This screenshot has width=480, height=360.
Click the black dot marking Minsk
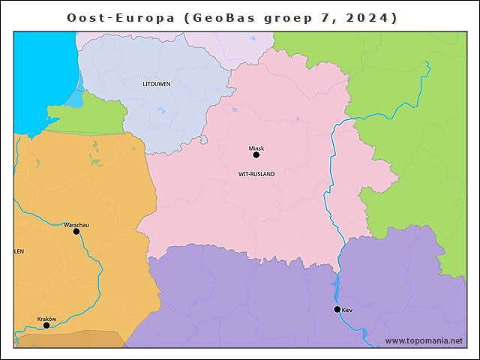[x=256, y=155]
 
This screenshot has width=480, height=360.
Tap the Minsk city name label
[x=256, y=148]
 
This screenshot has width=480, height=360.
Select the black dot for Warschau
[x=76, y=232]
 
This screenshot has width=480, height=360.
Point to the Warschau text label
[x=77, y=224]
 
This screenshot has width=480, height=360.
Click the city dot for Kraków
[x=46, y=325]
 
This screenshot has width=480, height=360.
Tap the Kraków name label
[x=46, y=319]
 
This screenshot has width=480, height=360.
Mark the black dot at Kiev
[x=337, y=309]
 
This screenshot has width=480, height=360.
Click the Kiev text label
[x=346, y=309]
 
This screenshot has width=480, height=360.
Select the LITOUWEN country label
[x=156, y=84]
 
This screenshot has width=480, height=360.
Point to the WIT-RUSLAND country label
[x=256, y=174]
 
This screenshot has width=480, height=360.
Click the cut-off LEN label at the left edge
[x=19, y=252]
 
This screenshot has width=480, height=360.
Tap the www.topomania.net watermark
[x=424, y=340]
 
